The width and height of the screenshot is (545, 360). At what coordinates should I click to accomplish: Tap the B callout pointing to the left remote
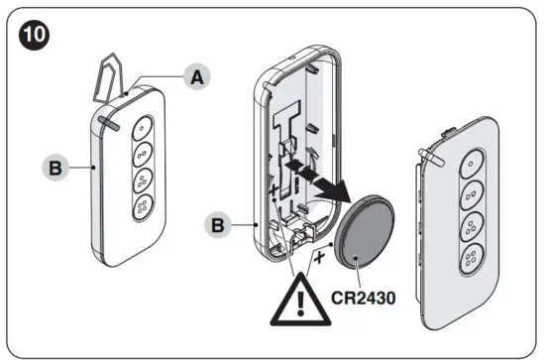pos(57,167)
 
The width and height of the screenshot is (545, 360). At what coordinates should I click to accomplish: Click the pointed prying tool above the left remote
pos(116,73)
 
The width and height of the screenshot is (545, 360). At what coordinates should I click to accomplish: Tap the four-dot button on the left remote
pos(141,210)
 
